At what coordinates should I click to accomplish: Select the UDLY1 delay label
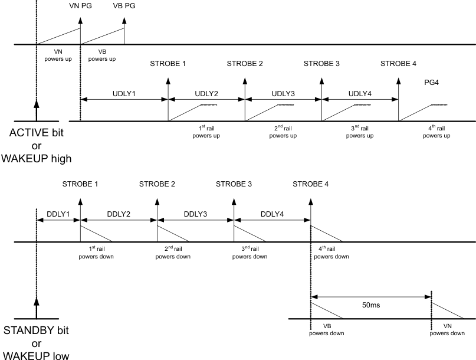coord(124,93)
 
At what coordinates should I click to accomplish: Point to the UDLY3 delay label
coord(283,93)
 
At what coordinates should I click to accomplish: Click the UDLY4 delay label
coord(360,93)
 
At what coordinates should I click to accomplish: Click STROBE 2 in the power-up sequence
coord(245,64)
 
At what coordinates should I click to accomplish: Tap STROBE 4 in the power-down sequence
coord(310,184)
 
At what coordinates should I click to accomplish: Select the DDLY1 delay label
coord(58,213)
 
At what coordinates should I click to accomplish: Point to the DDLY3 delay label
coord(195,213)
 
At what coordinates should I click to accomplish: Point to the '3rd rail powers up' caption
coord(360,132)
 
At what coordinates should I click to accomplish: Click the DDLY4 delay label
coord(272,213)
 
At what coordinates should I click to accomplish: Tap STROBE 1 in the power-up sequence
coord(168,64)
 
